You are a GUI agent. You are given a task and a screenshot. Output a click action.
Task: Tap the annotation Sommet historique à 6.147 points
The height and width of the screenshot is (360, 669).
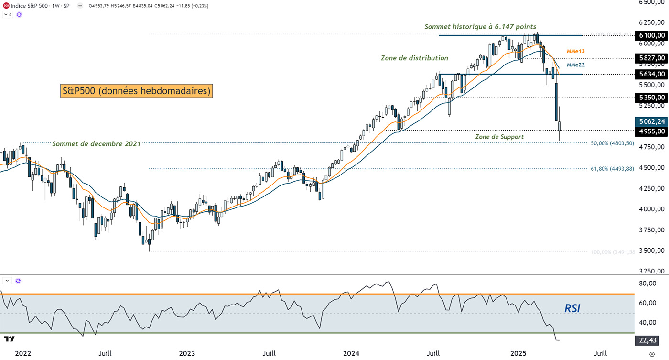[480, 27]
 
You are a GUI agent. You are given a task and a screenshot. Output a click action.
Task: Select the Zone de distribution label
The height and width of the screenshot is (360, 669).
[414, 58]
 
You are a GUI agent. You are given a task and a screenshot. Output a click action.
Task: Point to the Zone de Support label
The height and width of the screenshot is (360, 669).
[499, 137]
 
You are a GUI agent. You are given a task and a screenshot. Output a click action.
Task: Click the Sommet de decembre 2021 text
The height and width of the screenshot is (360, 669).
[96, 143]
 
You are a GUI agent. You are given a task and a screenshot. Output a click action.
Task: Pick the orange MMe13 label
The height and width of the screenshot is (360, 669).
[576, 51]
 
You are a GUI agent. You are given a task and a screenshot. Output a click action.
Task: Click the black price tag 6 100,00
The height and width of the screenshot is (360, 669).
[651, 35]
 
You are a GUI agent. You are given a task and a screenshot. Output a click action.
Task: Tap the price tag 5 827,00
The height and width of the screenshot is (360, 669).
[651, 58]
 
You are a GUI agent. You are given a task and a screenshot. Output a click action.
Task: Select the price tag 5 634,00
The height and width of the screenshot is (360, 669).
[651, 74]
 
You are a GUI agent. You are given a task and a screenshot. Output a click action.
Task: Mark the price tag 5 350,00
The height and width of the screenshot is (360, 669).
[651, 98]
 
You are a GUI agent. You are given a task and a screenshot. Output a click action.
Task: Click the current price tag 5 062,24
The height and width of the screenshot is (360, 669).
[651, 121]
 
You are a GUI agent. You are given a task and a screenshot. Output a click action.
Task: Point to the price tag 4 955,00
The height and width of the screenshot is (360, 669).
[651, 131]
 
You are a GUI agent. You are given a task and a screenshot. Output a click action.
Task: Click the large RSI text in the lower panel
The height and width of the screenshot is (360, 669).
[572, 308]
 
